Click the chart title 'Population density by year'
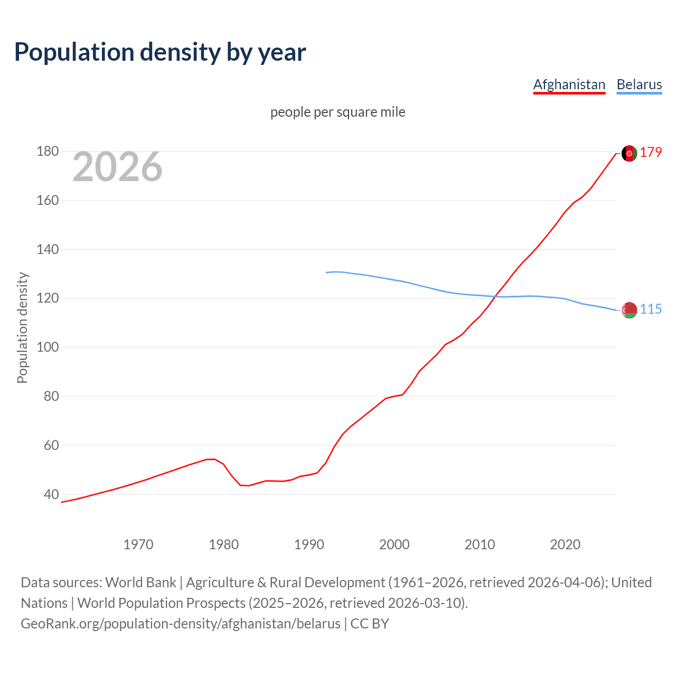click(x=160, y=52)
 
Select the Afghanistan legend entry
click(x=569, y=84)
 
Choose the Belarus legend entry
click(x=639, y=84)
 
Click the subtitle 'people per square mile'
click(x=337, y=112)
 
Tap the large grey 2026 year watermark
click(x=117, y=167)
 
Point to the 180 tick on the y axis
click(x=47, y=152)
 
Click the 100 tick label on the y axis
click(x=47, y=348)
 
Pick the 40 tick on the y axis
click(x=51, y=495)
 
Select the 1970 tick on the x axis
click(x=138, y=544)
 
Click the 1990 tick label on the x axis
click(x=309, y=544)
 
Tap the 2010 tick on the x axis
click(x=480, y=544)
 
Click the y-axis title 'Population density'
click(x=22, y=327)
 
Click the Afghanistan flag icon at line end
click(x=629, y=153)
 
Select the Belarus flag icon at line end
click(x=629, y=310)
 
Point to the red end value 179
click(x=651, y=153)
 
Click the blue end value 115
click(x=651, y=309)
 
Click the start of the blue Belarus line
click(x=326, y=273)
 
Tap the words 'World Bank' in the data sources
click(x=140, y=583)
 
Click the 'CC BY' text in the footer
click(x=370, y=624)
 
